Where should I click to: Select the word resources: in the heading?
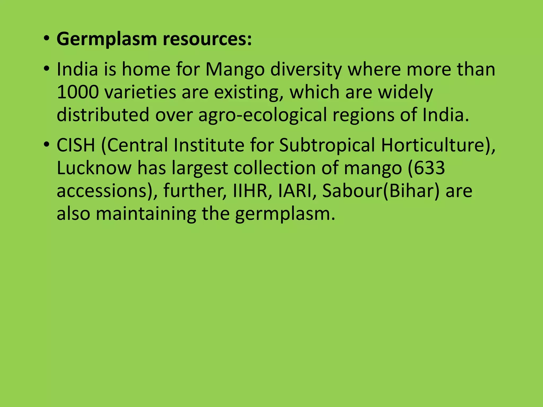coord(207,39)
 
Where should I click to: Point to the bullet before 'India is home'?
coord(46,69)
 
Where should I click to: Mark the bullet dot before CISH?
coord(46,145)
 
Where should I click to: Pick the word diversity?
coord(306,70)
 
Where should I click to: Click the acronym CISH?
coord(76,145)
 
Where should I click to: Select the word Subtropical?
coord(327,146)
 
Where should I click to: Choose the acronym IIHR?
coord(250,191)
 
